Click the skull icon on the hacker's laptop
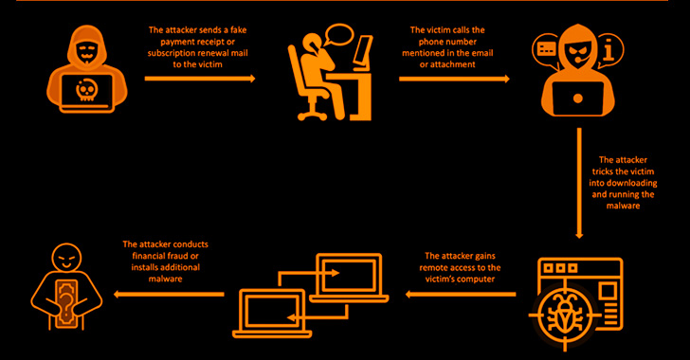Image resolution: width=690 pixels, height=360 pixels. pyautogui.click(x=86, y=90)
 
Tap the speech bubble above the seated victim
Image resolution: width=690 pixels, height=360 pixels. pyautogui.click(x=338, y=34)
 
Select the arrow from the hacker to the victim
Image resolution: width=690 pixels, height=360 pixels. pyautogui.click(x=200, y=79)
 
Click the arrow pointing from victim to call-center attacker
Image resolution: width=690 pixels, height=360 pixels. pyautogui.click(x=454, y=79)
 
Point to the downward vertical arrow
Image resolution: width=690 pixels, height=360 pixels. pyautogui.click(x=579, y=183)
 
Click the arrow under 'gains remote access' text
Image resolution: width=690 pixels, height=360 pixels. pyautogui.click(x=461, y=294)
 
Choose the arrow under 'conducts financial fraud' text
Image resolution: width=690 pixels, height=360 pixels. pyautogui.click(x=169, y=294)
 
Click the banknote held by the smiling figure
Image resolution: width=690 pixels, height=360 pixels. pyautogui.click(x=66, y=303)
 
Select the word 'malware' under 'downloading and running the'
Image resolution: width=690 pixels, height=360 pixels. pyautogui.click(x=623, y=206)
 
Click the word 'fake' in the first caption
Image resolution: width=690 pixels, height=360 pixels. pyautogui.click(x=238, y=30)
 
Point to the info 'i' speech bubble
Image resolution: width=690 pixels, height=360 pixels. pyautogui.click(x=609, y=49)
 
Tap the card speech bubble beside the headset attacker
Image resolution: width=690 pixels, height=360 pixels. pyautogui.click(x=547, y=49)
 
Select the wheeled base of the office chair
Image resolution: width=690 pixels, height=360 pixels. pyautogui.click(x=313, y=114)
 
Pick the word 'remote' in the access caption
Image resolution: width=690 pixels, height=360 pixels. pyautogui.click(x=435, y=267)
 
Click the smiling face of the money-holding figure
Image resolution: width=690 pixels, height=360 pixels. pyautogui.click(x=66, y=258)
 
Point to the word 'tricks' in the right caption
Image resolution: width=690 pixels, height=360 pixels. pyautogui.click(x=603, y=171)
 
